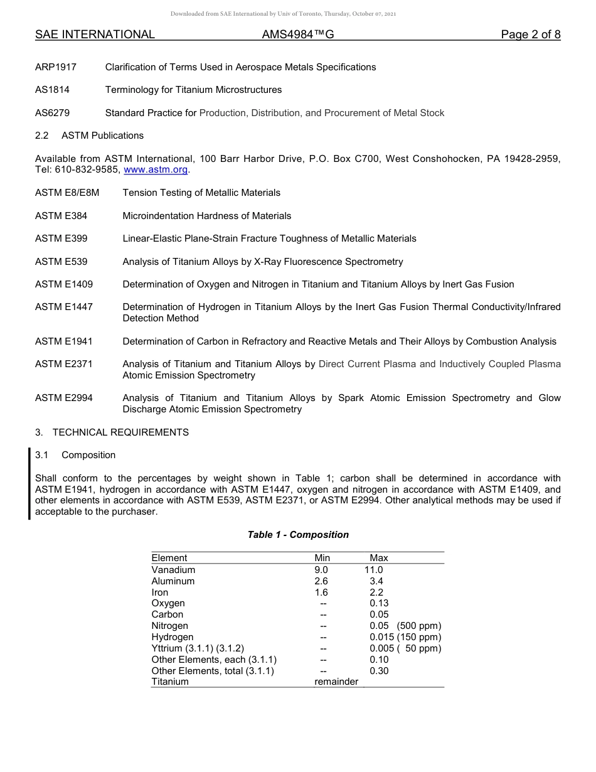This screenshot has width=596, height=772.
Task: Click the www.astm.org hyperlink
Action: pos(156,170)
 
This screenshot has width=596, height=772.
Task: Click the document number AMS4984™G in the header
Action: pos(298,35)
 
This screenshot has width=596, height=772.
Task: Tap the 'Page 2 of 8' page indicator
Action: pos(530,35)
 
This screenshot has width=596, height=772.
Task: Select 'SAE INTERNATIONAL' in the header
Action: pos(95,35)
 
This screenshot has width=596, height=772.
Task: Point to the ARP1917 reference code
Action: pos(56,67)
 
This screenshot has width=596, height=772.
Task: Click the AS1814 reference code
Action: pos(53,90)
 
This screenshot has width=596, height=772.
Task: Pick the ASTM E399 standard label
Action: pos(61,239)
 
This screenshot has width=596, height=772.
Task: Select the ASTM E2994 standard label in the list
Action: pos(64,398)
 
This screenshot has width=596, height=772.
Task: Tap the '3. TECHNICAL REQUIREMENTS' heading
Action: pos(112,432)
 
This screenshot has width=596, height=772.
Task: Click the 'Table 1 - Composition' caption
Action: pos(298,535)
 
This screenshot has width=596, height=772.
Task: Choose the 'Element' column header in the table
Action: pos(169,558)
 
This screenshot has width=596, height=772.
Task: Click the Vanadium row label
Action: pos(173,570)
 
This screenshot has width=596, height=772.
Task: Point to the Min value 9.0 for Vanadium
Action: pos(321,570)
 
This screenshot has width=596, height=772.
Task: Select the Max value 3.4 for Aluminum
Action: pos(376,581)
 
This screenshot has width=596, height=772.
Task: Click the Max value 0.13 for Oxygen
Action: pos(379,603)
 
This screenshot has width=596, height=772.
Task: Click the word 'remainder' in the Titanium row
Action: pos(336,682)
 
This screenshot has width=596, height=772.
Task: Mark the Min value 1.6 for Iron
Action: pos(321,592)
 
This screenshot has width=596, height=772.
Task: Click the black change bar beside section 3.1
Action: pos(29,483)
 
